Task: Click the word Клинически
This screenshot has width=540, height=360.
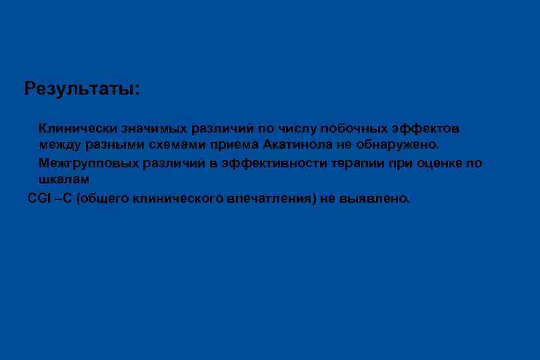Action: pyautogui.click(x=77, y=127)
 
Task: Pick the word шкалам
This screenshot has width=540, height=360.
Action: pyautogui.click(x=63, y=180)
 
